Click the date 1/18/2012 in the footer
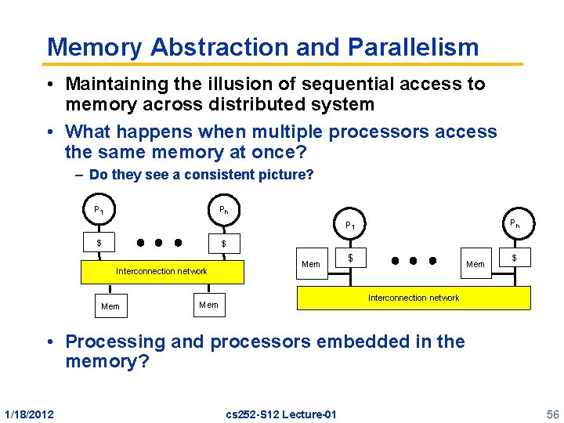click(x=29, y=414)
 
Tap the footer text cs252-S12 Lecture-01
click(x=281, y=414)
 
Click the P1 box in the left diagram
click(x=99, y=211)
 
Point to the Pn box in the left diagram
click(x=223, y=211)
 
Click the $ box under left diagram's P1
click(x=99, y=243)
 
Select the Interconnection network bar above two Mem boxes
click(x=162, y=271)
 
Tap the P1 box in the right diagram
click(x=350, y=226)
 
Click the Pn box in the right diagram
click(x=514, y=223)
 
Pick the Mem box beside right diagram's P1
click(x=311, y=264)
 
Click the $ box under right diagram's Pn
click(x=514, y=258)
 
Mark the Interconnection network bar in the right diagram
click(x=414, y=298)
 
